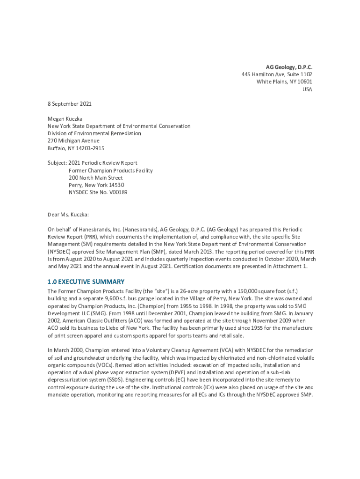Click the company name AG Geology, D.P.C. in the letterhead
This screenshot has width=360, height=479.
289,67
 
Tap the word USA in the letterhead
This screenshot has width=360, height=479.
307,89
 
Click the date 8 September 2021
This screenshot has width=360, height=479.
70,104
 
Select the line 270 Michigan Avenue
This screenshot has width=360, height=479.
73,141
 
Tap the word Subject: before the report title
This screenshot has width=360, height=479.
58,163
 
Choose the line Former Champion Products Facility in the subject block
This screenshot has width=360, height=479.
111,171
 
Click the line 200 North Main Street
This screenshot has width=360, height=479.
96,178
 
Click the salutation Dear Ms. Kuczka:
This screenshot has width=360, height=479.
68,215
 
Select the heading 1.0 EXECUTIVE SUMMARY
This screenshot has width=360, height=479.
86,282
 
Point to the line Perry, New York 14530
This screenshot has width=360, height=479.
96,185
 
